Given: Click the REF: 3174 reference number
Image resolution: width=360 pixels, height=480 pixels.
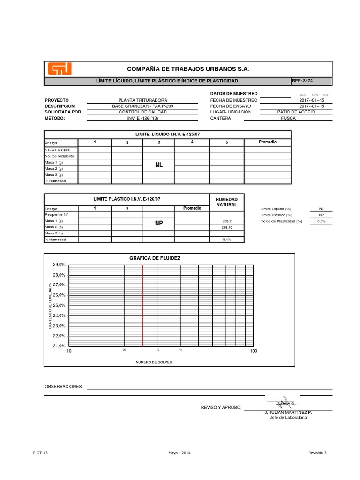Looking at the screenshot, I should tap(302, 81).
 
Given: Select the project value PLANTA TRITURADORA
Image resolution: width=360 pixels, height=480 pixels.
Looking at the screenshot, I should tap(143, 100).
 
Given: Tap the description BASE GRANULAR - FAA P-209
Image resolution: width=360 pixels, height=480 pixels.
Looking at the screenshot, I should tap(142, 106).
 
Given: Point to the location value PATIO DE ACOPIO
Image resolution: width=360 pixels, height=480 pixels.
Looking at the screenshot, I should tap(296, 112).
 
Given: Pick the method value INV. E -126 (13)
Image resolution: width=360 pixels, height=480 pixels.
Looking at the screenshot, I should tap(142, 119).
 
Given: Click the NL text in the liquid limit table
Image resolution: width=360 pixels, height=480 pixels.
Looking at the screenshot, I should tap(159, 165).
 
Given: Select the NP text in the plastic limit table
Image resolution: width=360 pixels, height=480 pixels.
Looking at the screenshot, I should tap(159, 224).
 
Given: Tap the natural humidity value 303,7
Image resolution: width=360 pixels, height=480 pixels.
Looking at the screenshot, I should tap(227, 221).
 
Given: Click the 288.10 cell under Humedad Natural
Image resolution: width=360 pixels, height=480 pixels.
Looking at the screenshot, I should tap(227, 227).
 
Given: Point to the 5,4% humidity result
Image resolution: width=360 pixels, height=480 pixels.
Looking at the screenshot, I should tap(227, 240).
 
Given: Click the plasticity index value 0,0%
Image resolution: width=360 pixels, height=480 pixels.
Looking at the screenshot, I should tap(321, 221).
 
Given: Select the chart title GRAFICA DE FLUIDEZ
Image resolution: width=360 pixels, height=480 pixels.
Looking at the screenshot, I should tap(155, 258).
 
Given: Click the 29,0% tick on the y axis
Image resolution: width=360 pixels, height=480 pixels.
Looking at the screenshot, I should tap(59, 265).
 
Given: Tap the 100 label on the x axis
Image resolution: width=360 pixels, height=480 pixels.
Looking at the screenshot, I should tap(253, 351).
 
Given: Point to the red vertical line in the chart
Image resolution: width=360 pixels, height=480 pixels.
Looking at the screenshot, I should tap(142, 305).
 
